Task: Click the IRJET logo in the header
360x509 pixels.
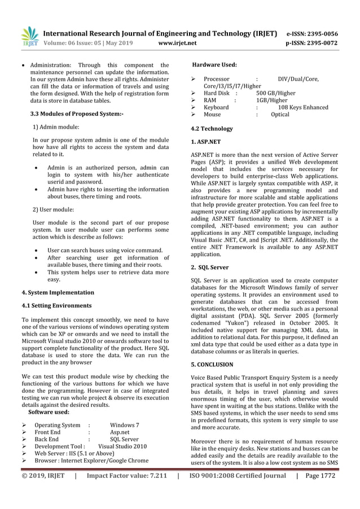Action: (29, 36)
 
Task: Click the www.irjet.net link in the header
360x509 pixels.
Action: (178, 42)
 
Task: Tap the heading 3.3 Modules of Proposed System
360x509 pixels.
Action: (76, 115)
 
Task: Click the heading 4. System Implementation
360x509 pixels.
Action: (58, 293)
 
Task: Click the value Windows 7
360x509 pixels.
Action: (125, 425)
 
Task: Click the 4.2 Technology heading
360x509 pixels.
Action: (212, 129)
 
